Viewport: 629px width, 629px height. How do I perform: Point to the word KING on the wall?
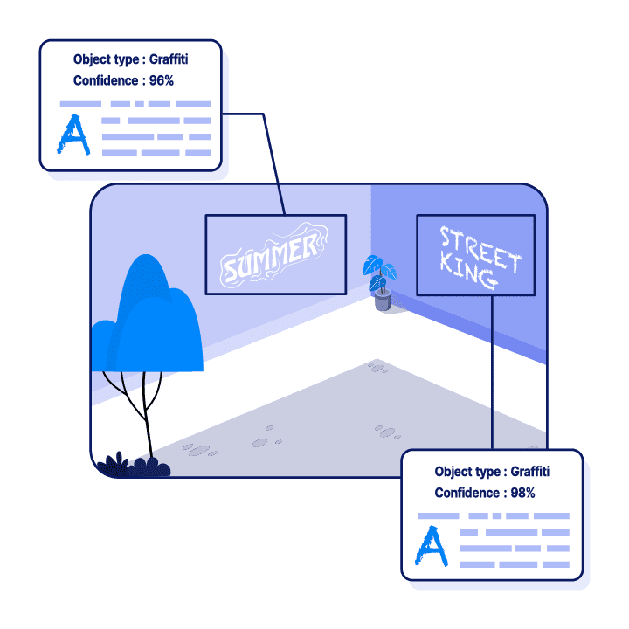pos(469,274)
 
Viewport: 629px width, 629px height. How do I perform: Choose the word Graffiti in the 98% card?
pos(530,472)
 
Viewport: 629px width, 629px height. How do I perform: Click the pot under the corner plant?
pos(382,301)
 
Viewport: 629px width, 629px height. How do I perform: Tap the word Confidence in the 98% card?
pos(467,493)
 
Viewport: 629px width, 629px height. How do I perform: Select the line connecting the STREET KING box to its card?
pos(493,376)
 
